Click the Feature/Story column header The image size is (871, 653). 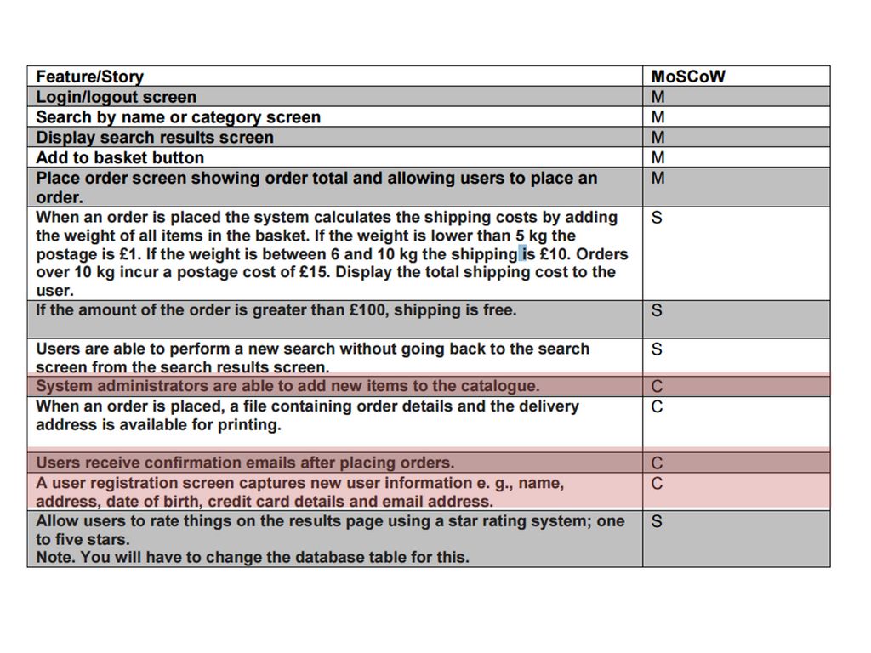pyautogui.click(x=89, y=77)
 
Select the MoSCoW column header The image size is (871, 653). pyautogui.click(x=688, y=77)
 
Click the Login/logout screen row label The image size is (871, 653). pyautogui.click(x=116, y=97)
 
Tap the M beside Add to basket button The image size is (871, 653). pyautogui.click(x=658, y=158)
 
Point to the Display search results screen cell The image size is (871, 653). pyautogui.click(x=155, y=138)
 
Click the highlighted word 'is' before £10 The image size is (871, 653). pyautogui.click(x=528, y=254)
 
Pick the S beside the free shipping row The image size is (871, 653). pyautogui.click(x=657, y=310)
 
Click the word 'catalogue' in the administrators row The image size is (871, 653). pyautogui.click(x=502, y=386)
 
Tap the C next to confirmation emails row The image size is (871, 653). pyautogui.click(x=657, y=463)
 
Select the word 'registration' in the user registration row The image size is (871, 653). pyautogui.click(x=124, y=483)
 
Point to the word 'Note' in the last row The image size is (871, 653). pyautogui.click(x=54, y=558)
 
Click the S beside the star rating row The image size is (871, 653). pyautogui.click(x=657, y=521)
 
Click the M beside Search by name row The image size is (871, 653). pyautogui.click(x=658, y=117)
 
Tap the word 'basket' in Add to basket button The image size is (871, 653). pyautogui.click(x=122, y=158)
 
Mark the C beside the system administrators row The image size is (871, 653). pyautogui.click(x=657, y=387)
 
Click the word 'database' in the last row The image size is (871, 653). pyautogui.click(x=336, y=558)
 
